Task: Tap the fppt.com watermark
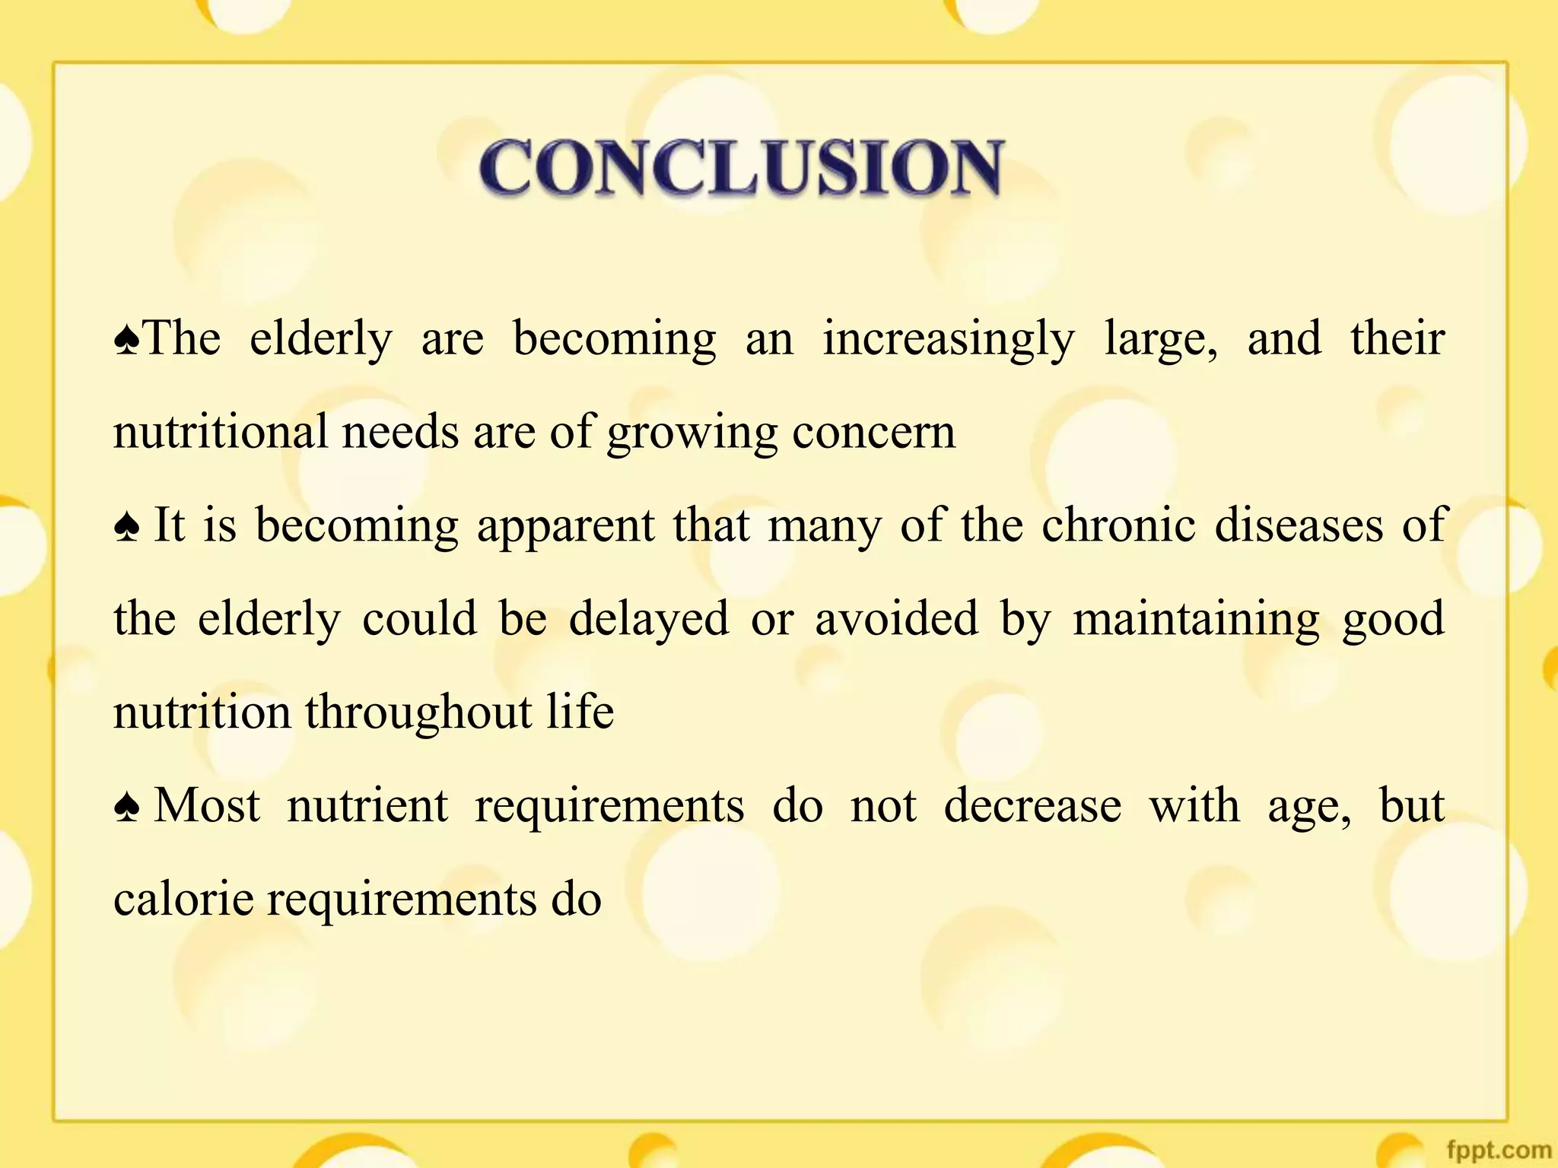pos(1498,1150)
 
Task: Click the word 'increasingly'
pos(948,339)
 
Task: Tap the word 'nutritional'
pos(220,432)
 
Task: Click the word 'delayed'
pos(649,619)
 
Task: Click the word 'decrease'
pos(1032,806)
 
